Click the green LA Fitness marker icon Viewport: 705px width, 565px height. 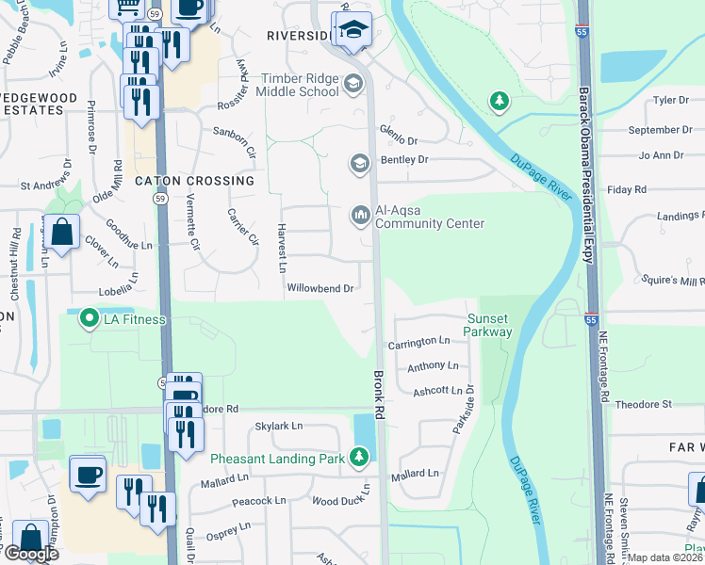coord(90,319)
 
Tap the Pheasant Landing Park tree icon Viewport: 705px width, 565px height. coord(358,458)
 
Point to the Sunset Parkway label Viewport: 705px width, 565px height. coord(489,325)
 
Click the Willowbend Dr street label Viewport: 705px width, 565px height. coord(320,288)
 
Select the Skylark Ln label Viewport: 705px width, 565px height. coord(279,426)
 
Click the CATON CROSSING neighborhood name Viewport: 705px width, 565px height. coord(195,180)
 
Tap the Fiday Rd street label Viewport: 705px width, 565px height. coord(628,189)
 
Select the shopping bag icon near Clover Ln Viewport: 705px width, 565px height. coord(61,233)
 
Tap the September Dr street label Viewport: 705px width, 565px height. coord(647,130)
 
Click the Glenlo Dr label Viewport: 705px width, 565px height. coord(399,130)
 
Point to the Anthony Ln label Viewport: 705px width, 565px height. coord(433,365)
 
